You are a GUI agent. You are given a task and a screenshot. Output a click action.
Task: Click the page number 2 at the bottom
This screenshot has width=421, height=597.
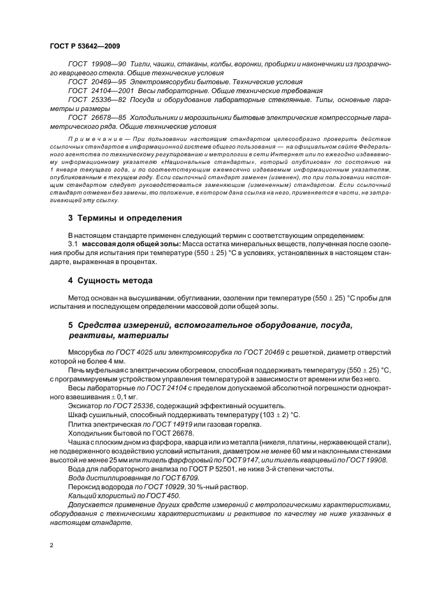51,545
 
